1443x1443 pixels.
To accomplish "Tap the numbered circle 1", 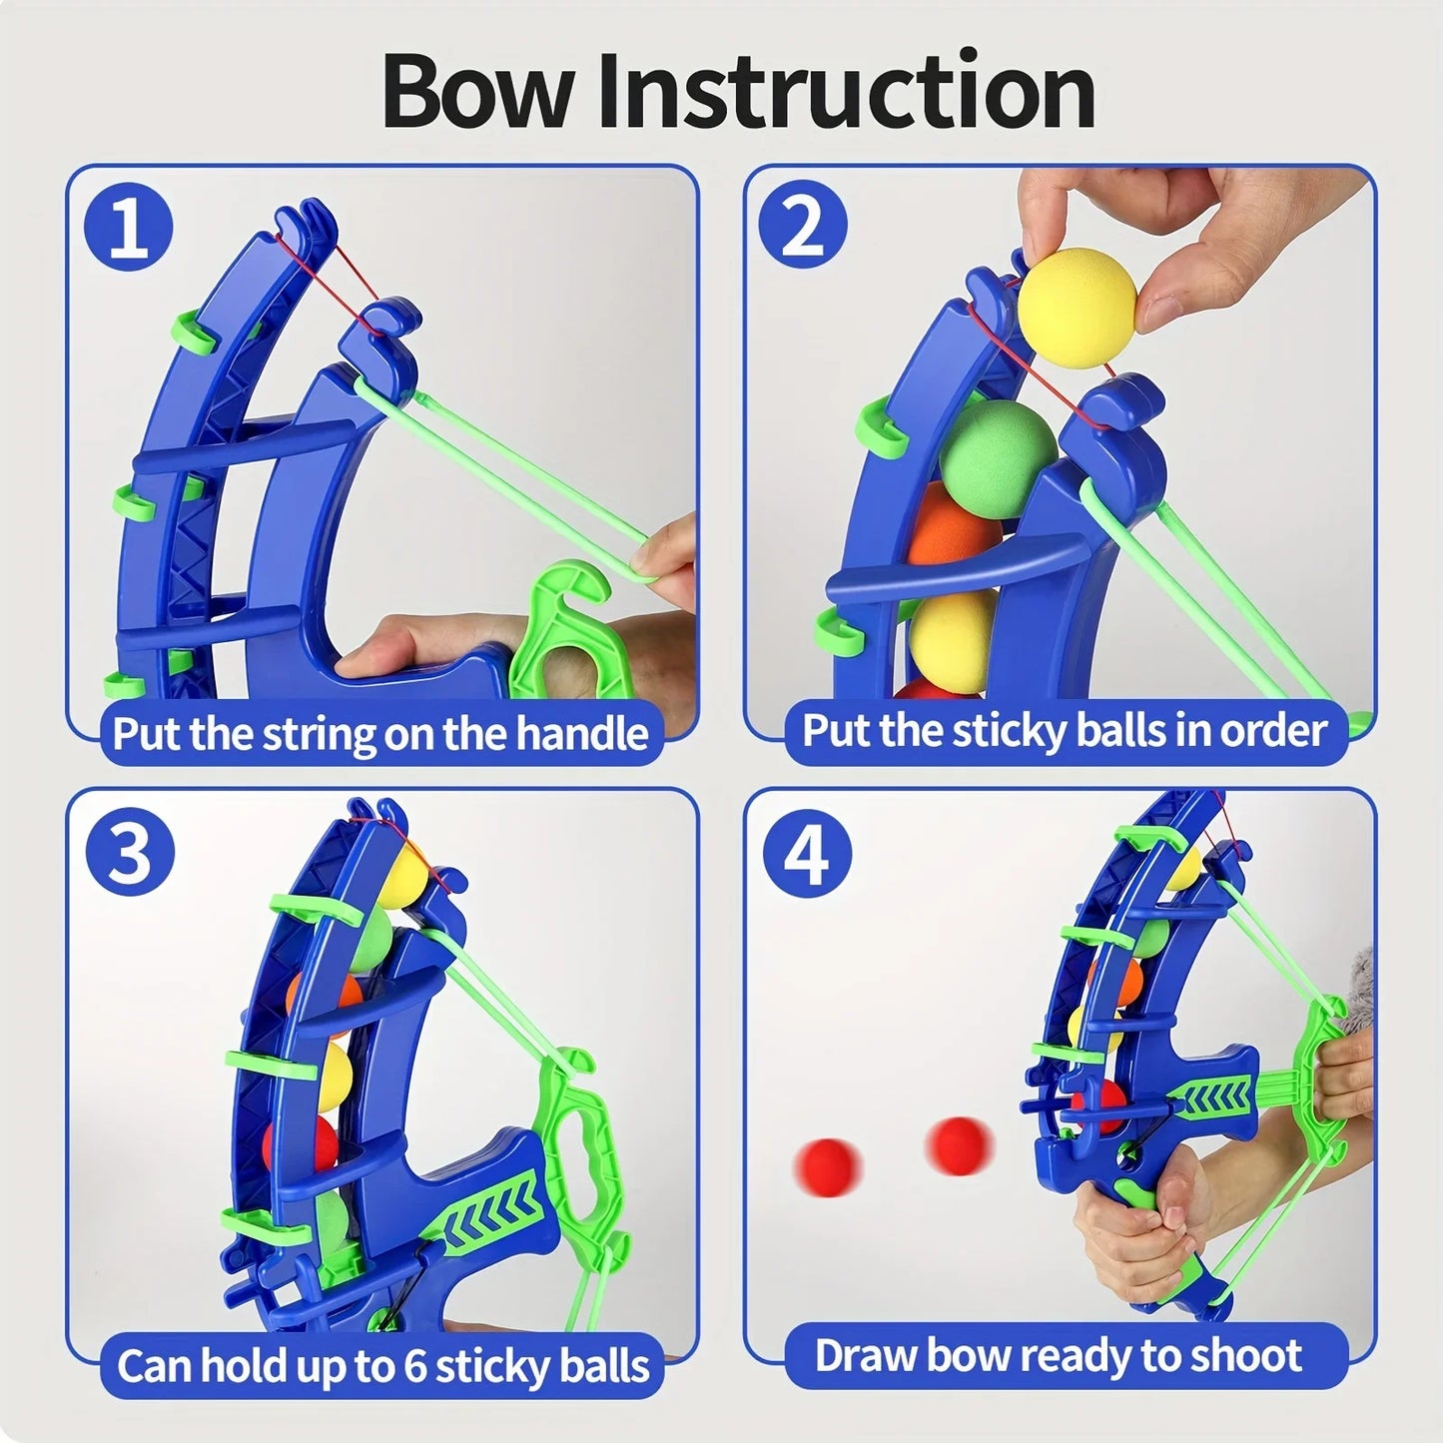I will pyautogui.click(x=128, y=229).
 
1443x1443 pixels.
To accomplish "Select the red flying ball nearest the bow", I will pyautogui.click(x=959, y=1144).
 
